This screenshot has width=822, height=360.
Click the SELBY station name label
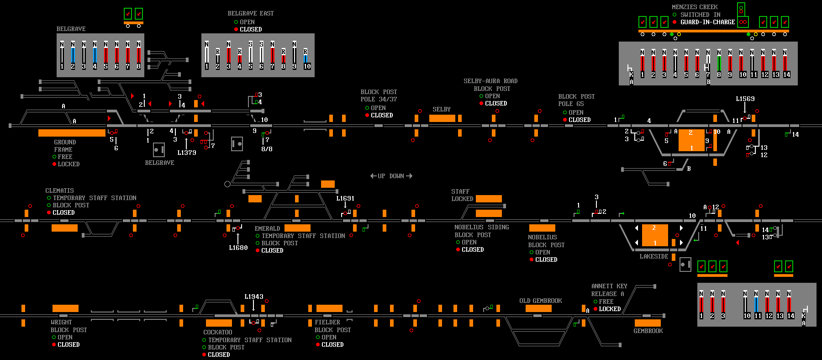tap(442, 110)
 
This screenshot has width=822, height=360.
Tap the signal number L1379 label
tap(187, 153)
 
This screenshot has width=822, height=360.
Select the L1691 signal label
tap(345, 198)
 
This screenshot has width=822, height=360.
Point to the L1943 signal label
tap(254, 296)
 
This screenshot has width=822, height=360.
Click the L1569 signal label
tap(745, 99)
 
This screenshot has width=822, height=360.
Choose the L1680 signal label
tap(238, 248)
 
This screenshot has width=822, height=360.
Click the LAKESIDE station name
tap(654, 256)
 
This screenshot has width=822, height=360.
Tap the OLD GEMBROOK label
tap(541, 301)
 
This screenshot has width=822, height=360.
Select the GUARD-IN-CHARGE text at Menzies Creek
tap(708, 22)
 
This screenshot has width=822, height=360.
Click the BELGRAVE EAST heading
tap(251, 13)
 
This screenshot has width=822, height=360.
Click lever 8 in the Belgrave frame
tap(138, 55)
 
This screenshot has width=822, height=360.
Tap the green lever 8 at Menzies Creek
tap(719, 64)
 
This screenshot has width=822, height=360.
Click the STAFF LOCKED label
tap(462, 195)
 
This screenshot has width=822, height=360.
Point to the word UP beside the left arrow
tap(381, 176)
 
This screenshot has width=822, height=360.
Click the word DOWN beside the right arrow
tap(397, 176)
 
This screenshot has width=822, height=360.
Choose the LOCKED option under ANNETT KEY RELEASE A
tap(610, 309)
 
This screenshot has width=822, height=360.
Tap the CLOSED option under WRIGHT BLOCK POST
tap(68, 344)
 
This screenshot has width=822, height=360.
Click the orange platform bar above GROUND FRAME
tap(72, 133)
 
